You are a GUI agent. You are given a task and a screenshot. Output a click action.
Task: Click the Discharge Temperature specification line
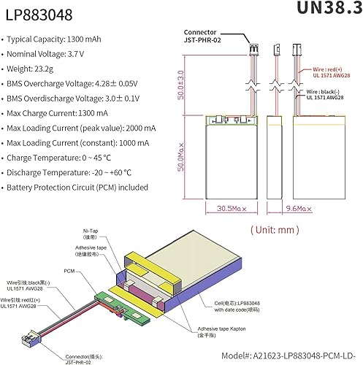click(x=72, y=172)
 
